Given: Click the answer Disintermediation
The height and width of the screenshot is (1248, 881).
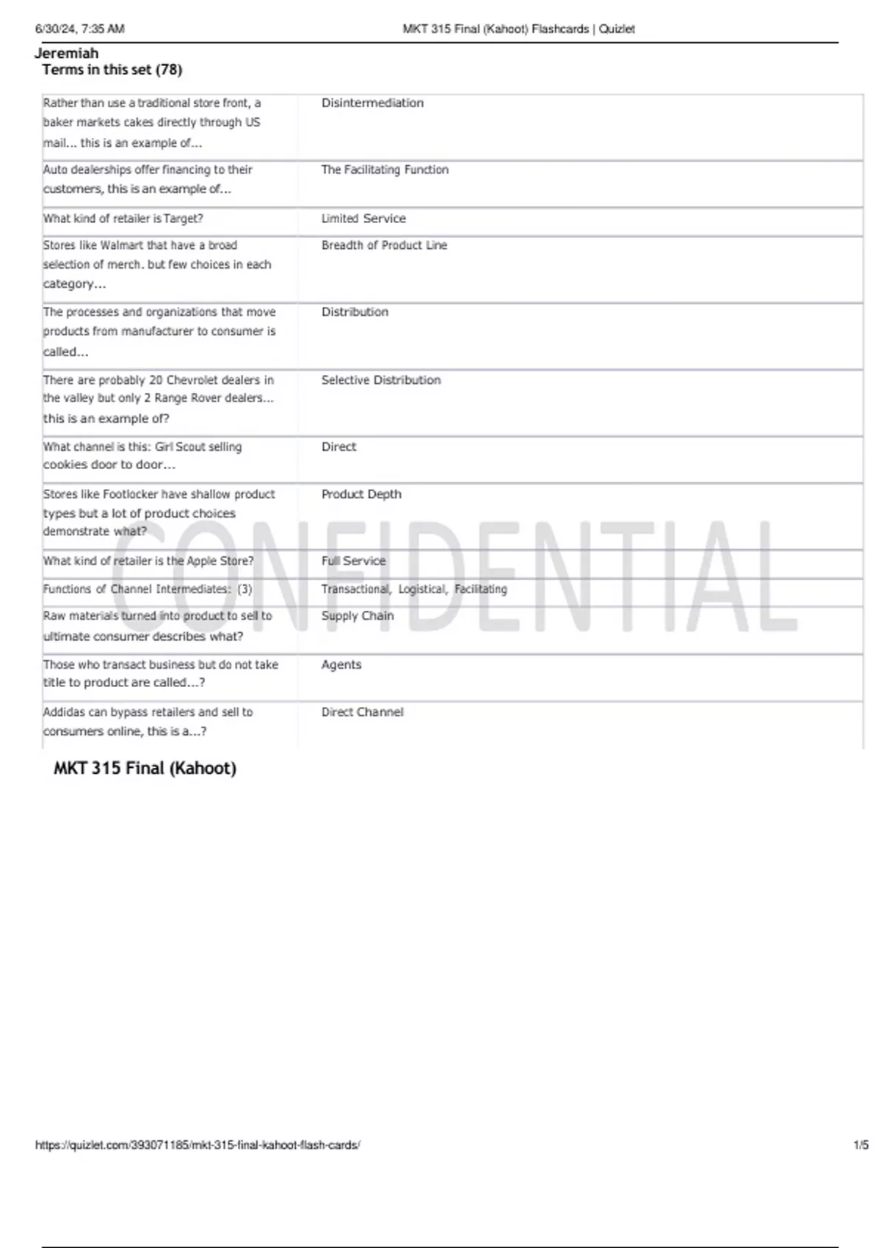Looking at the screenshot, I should [x=372, y=104].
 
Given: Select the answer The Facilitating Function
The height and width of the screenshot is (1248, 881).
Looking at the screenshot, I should [x=385, y=170].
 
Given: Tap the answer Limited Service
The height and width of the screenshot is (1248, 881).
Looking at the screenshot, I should [x=363, y=219].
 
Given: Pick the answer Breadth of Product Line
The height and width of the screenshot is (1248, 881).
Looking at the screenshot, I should [x=384, y=245].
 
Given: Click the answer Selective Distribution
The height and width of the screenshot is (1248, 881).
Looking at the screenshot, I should [x=381, y=380].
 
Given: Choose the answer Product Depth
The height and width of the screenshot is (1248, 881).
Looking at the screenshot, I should [x=361, y=494].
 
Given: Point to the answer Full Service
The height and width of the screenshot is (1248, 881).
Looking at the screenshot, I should [x=353, y=561].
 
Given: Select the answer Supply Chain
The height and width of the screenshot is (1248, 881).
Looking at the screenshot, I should [x=358, y=616].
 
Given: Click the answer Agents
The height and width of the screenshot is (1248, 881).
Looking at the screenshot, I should [x=341, y=664].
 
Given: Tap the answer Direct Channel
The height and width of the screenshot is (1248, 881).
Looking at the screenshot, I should [x=362, y=712].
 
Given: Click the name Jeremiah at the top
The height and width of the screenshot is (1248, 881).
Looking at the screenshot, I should [x=66, y=53].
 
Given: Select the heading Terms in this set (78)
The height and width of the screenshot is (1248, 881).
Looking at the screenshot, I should [x=112, y=70].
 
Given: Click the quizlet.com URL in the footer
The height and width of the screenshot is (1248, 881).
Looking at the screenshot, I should [x=197, y=1144].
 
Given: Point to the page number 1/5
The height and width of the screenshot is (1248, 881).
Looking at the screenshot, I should [x=860, y=1144].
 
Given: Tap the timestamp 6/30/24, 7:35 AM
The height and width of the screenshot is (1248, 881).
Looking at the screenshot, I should [x=80, y=29].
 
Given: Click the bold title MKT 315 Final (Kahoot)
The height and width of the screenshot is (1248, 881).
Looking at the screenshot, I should [x=145, y=769].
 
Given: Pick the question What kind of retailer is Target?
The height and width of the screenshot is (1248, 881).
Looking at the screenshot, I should [x=123, y=219].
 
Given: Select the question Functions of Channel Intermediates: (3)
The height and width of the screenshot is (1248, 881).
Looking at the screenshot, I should [x=148, y=589].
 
